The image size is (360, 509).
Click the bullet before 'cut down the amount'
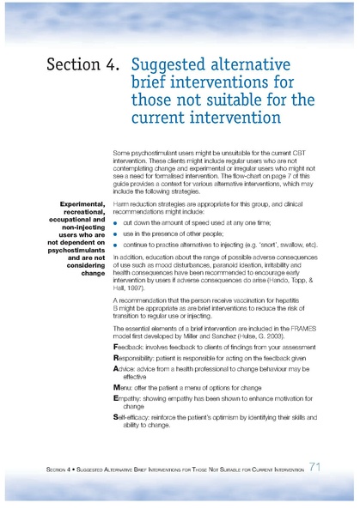116,221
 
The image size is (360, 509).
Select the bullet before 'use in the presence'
116,233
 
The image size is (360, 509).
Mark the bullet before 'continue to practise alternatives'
116,245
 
